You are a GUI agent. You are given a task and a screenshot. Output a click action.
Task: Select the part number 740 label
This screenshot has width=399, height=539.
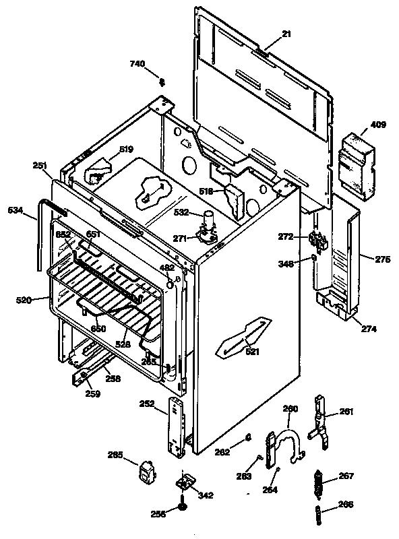[137, 64]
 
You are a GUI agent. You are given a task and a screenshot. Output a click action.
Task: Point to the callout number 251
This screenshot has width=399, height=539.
[40, 165]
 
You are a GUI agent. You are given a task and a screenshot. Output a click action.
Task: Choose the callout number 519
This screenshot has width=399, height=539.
[126, 149]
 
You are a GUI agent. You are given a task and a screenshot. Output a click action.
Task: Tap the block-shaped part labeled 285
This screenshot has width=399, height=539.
[146, 471]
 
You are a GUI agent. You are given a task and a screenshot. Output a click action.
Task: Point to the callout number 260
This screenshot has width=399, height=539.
[289, 409]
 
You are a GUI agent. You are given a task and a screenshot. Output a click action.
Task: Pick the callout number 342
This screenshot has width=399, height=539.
[206, 495]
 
